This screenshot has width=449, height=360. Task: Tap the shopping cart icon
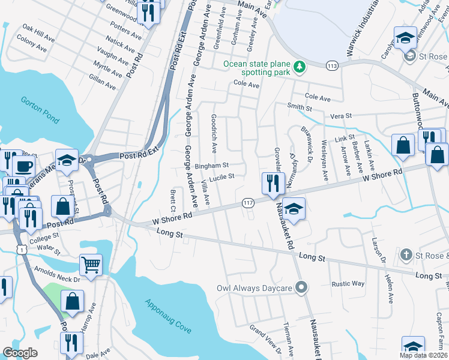coord(91,264)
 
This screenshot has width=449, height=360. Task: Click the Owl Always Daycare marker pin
coord(301,288)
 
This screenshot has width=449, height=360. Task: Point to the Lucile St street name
coord(221,176)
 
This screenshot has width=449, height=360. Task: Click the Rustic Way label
coord(349,284)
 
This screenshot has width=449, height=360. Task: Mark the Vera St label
coord(340,115)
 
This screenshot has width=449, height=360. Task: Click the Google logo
coord(20,353)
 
